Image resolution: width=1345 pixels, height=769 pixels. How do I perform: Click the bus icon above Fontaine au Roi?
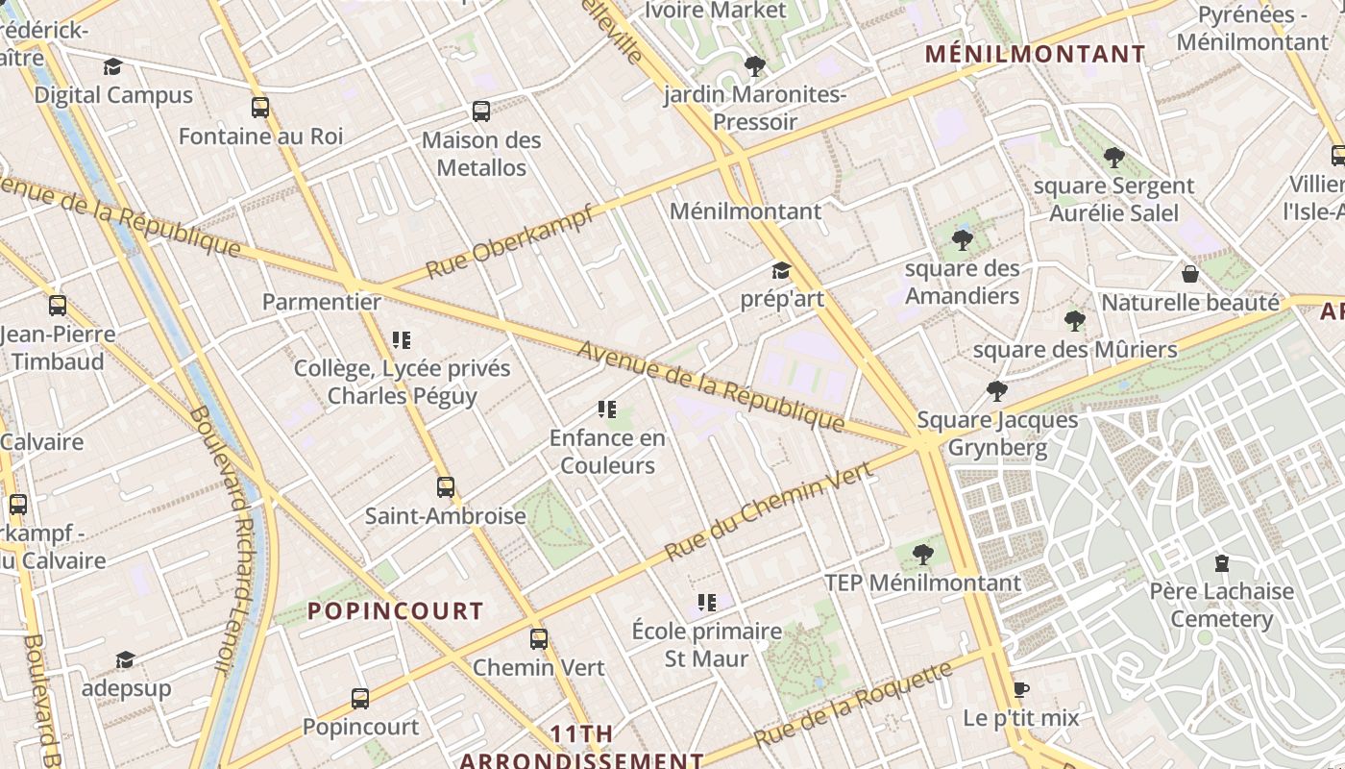259,107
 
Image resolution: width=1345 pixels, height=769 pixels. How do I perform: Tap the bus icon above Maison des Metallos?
481,112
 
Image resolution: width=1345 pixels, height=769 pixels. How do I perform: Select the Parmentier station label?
322,302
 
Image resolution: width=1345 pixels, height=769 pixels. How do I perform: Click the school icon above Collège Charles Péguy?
402,339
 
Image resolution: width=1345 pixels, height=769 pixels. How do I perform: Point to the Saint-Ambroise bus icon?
445,487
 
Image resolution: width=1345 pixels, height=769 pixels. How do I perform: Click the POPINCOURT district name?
395,610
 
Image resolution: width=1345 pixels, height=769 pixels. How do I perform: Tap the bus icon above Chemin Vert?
539,639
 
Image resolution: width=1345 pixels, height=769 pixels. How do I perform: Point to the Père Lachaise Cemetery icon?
1221,562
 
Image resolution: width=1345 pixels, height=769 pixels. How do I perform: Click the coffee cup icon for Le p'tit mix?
1020,690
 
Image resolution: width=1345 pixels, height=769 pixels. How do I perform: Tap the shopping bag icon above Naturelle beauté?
1190,274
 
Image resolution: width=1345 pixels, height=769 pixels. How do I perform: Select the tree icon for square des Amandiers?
962,239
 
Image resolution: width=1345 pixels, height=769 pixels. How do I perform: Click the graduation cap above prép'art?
781,270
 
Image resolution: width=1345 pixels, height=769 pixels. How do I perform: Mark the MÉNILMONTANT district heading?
1036,54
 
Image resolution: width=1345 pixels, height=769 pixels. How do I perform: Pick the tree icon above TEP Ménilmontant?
922,554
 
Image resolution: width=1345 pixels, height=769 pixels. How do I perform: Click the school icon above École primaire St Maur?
706,603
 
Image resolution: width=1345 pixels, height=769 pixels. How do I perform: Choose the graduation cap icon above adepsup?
125,659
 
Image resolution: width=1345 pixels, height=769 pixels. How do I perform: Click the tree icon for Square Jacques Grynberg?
997,391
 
